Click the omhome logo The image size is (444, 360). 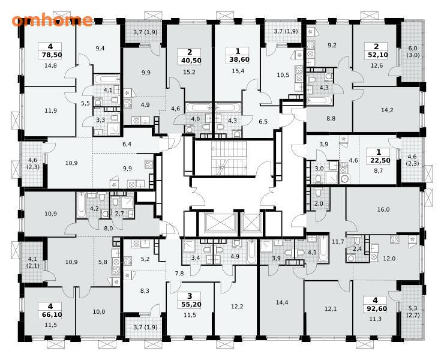pyautogui.click(x=52, y=20)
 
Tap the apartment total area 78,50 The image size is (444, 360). pyautogui.click(x=50, y=55)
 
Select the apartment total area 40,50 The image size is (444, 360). pyautogui.click(x=190, y=61)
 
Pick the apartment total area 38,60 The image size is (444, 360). pyautogui.click(x=237, y=60)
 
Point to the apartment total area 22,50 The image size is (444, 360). pyautogui.click(x=379, y=161)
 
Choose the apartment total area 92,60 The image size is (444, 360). pyautogui.click(x=376, y=309)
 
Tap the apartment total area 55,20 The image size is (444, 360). pyautogui.click(x=190, y=304)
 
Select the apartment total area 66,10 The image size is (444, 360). pyautogui.click(x=50, y=314)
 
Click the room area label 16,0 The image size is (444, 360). pyautogui.click(x=383, y=209)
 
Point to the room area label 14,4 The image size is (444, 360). pyautogui.click(x=282, y=302)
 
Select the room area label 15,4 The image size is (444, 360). pyautogui.click(x=238, y=71)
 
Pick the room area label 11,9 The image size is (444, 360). pyautogui.click(x=50, y=111)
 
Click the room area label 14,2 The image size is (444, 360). pyautogui.click(x=387, y=110)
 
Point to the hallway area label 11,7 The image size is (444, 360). pyautogui.click(x=338, y=242)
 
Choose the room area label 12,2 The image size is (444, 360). pyautogui.click(x=237, y=306)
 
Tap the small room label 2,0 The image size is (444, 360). pyautogui.click(x=319, y=204)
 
